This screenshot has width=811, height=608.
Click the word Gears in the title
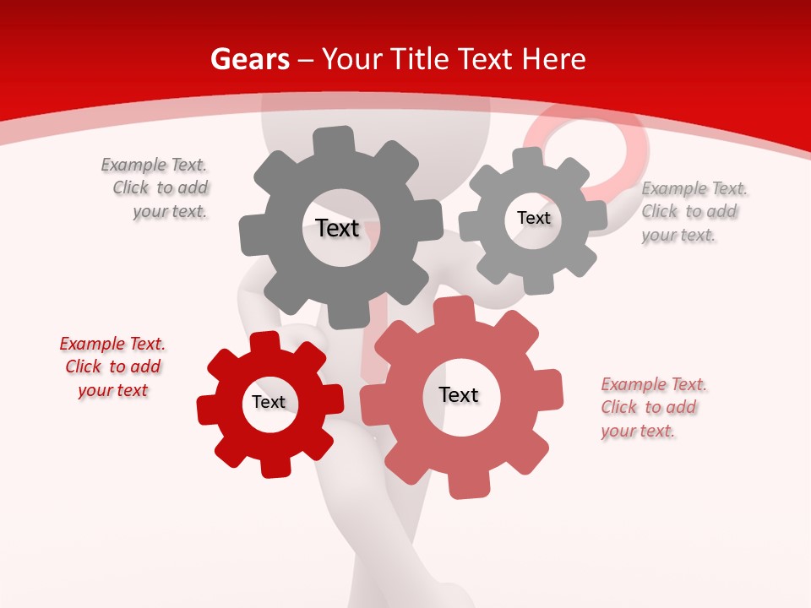coord(249,59)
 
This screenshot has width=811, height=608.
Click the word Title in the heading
coord(419,59)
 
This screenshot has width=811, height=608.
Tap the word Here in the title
coord(553,59)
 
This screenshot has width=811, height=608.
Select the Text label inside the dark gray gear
coord(337,228)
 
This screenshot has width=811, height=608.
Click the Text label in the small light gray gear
coord(533,218)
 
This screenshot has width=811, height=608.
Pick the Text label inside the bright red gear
coord(269,402)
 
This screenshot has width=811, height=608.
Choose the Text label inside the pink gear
coord(459,394)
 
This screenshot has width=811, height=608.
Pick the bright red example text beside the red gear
coord(112,366)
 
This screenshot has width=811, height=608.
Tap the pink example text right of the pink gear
coord(652,407)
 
